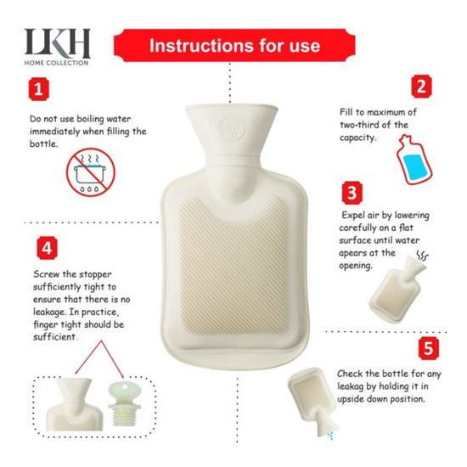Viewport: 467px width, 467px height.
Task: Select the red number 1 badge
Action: point(37,88)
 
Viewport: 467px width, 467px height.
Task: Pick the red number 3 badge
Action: point(352,192)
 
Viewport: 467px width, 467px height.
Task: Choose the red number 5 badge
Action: point(429,348)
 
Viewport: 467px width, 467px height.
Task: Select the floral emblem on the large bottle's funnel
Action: point(231,128)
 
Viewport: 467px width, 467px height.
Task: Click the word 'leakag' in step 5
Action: point(355,385)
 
